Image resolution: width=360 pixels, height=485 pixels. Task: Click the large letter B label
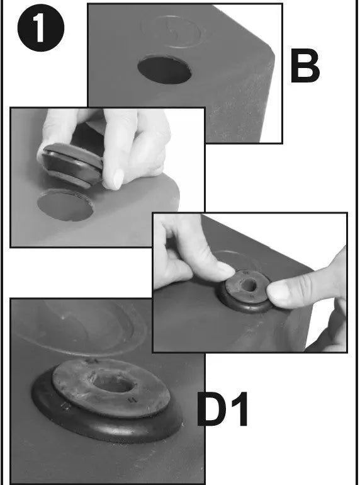[x=305, y=66]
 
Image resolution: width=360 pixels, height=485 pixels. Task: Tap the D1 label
[x=222, y=409]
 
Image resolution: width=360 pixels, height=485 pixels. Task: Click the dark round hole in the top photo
[x=164, y=70]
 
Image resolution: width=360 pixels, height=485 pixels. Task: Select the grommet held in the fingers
[x=72, y=164]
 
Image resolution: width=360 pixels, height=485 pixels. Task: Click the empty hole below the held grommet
[x=65, y=205]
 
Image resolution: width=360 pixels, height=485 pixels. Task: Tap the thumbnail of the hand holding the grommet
[x=118, y=179]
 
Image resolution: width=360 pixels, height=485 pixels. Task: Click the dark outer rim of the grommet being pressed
[x=245, y=306]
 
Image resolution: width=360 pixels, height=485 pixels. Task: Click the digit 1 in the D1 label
[x=240, y=409]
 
